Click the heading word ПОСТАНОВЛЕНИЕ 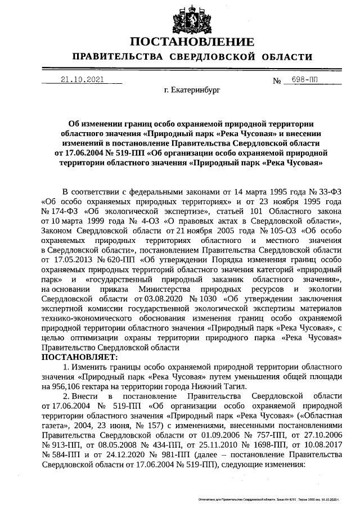pos(192,42)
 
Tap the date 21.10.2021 pos(83,79)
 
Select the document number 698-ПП pos(300,80)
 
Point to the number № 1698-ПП pos(233,444)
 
